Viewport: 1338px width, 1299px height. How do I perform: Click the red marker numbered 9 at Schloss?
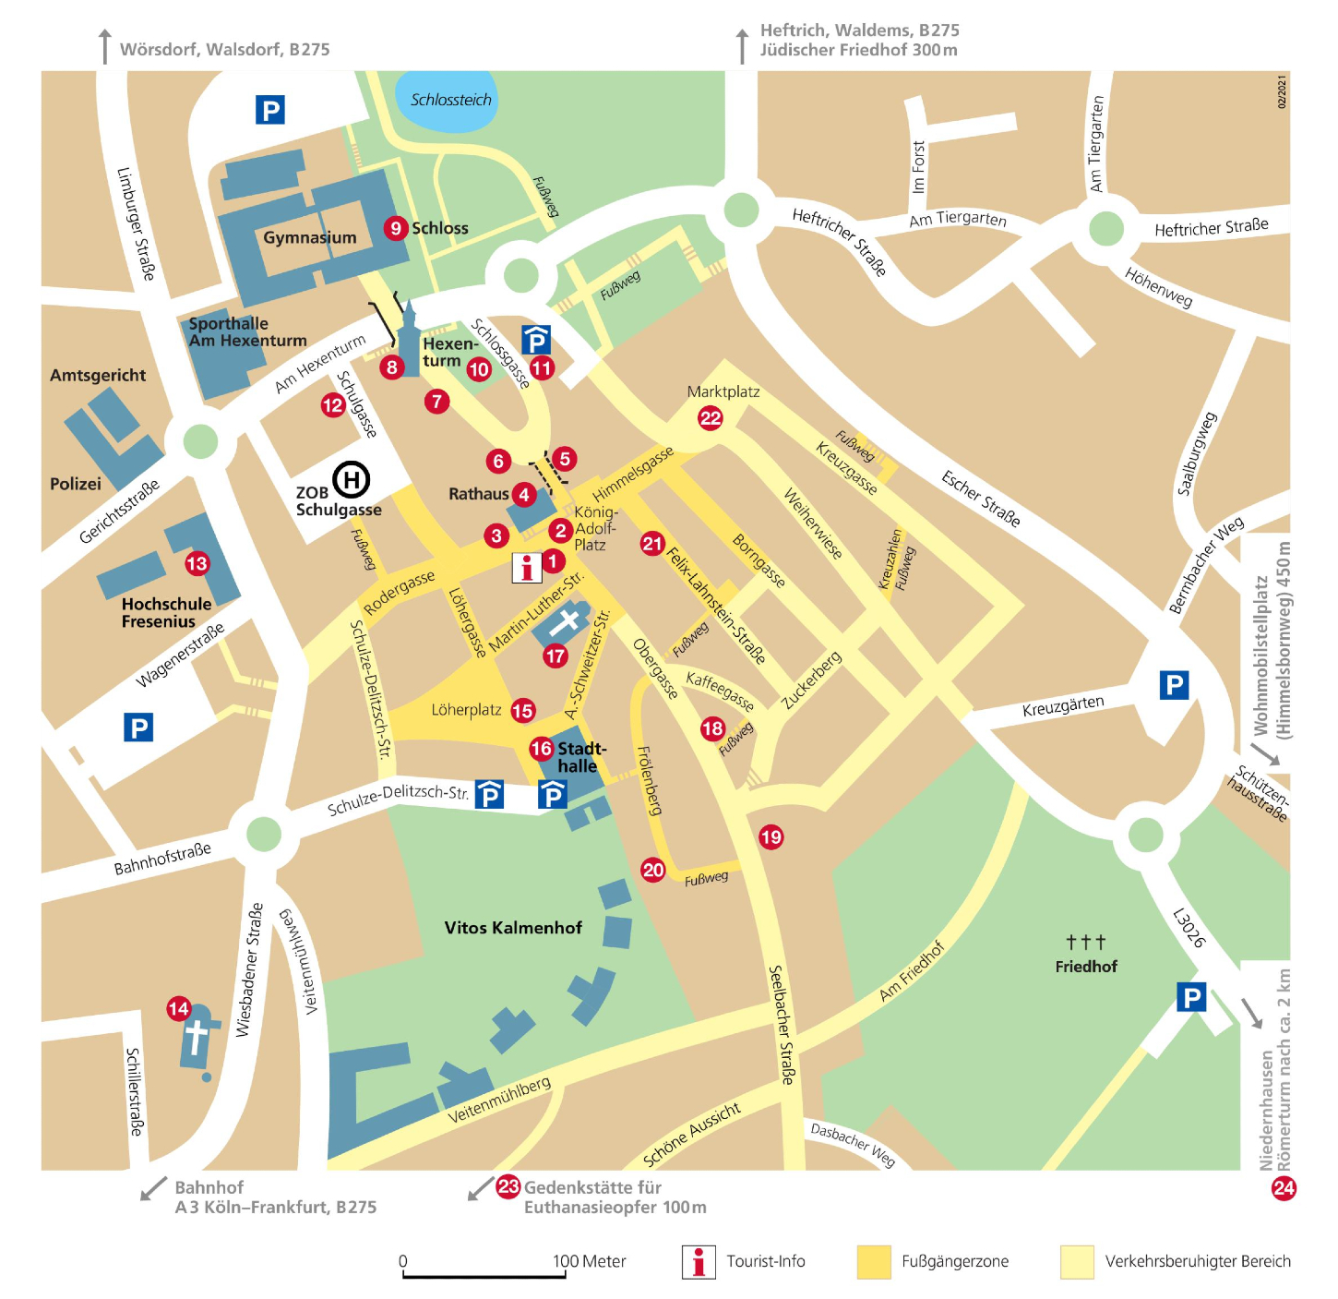[396, 228]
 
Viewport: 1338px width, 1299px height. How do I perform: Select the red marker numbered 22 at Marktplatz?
[710, 418]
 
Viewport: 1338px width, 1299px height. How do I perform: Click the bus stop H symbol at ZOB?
[352, 479]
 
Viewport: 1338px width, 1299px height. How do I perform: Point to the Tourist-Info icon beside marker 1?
[526, 568]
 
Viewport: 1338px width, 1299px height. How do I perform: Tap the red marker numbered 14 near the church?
[179, 1009]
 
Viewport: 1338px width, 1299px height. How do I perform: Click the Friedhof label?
[1086, 967]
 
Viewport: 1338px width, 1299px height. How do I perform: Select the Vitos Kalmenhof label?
[513, 928]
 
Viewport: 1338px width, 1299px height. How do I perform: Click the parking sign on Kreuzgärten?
[1174, 685]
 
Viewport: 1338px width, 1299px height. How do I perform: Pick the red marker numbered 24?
[1284, 1188]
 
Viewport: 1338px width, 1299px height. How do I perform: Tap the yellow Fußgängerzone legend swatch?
[873, 1261]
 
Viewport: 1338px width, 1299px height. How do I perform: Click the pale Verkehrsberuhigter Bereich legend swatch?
[1077, 1261]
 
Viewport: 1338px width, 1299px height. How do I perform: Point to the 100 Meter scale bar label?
[589, 1261]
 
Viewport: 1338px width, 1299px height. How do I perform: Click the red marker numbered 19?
[771, 837]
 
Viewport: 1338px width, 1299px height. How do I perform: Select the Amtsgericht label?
[98, 375]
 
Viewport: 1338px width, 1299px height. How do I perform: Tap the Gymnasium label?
[310, 237]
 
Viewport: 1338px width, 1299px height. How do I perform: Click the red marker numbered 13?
[197, 563]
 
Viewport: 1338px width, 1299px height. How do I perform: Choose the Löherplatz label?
[466, 710]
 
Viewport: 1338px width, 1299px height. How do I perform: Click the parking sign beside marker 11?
[536, 340]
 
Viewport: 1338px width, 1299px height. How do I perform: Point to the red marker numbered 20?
[653, 870]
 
